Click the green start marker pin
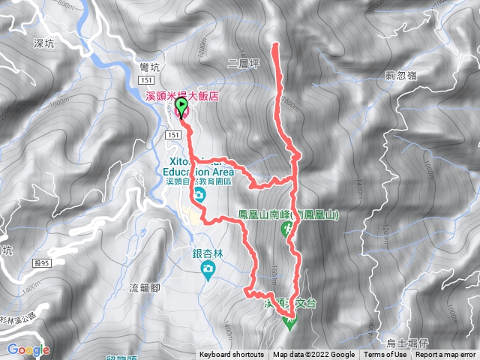point(181,110)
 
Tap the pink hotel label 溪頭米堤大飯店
point(180,95)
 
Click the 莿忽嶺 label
point(401,76)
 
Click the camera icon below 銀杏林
point(206,268)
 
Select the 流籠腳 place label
point(146,288)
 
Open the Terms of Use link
point(386,355)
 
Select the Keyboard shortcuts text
point(232,355)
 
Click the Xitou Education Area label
point(197,167)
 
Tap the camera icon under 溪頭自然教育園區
point(198,197)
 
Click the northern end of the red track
point(277,46)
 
